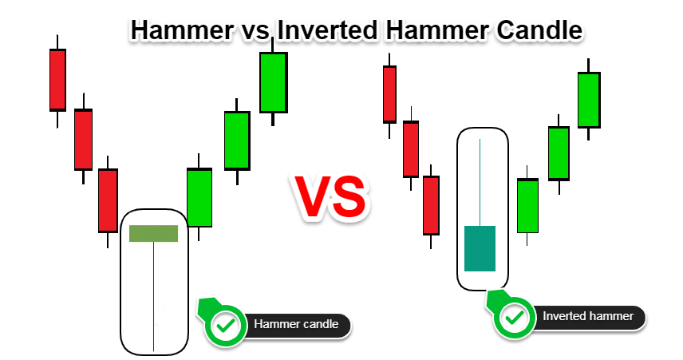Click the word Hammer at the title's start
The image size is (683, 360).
point(182,30)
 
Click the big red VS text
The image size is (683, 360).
point(331,196)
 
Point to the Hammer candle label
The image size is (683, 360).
point(296,324)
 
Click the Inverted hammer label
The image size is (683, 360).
point(588,316)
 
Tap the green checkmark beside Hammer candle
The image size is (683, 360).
point(226,325)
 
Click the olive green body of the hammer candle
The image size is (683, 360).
point(154,233)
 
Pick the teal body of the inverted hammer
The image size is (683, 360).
point(480,248)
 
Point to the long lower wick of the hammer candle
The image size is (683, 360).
point(154,296)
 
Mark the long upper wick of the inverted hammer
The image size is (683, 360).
point(480,183)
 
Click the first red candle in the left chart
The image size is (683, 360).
point(57,80)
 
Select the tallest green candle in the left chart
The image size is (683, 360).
point(274,82)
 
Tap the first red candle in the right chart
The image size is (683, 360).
point(389,94)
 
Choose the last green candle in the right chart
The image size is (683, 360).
point(589,100)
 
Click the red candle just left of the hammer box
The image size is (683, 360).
point(108,200)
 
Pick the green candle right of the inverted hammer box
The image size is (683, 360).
point(527,206)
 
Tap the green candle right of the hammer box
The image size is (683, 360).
point(199,197)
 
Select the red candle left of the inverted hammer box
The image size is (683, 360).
point(431,205)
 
